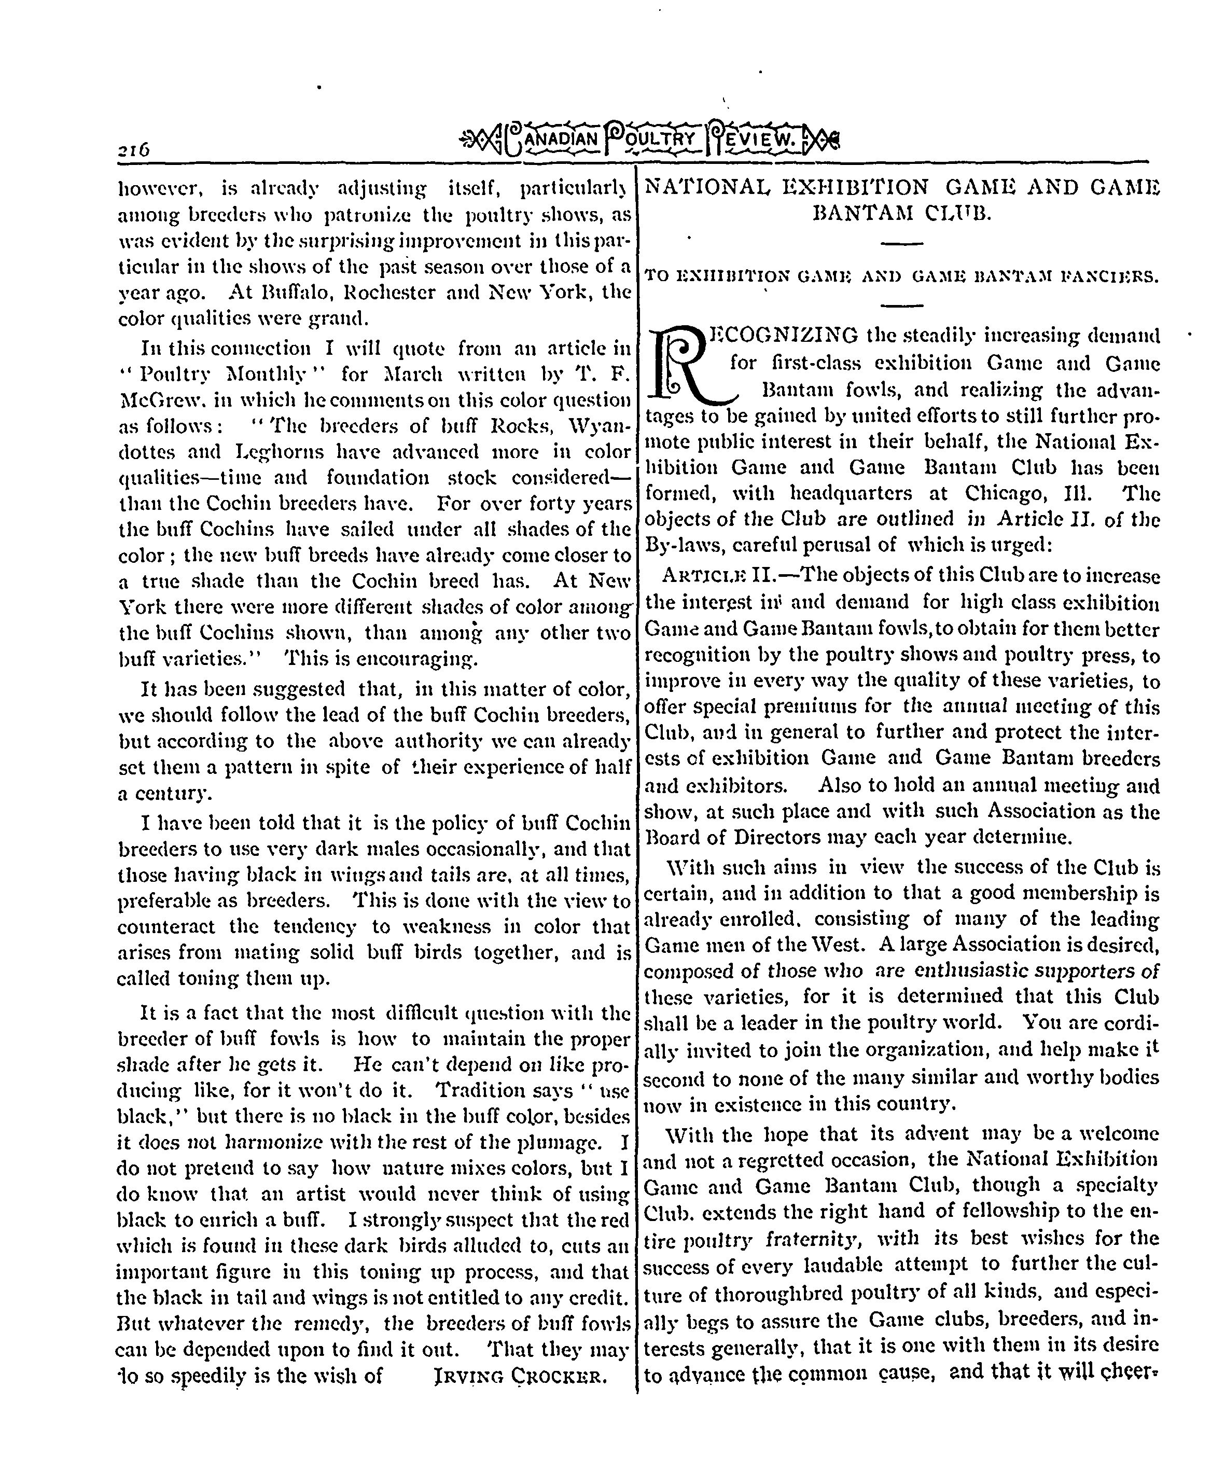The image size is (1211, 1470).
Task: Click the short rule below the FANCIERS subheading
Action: click(902, 305)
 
